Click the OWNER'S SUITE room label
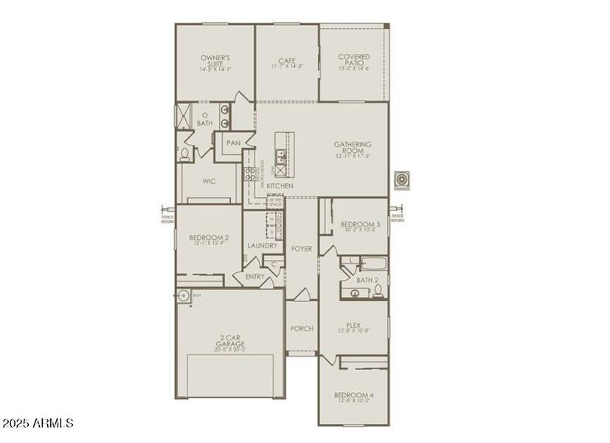pyautogui.click(x=215, y=60)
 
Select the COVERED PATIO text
pyautogui.click(x=354, y=60)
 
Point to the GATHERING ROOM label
pyautogui.click(x=353, y=148)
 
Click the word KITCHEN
pyautogui.click(x=280, y=185)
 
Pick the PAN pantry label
pyautogui.click(x=233, y=143)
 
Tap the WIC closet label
pyautogui.click(x=209, y=181)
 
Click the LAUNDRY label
pyautogui.click(x=263, y=245)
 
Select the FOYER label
pyautogui.click(x=302, y=249)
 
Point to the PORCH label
pyautogui.click(x=302, y=329)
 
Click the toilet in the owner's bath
pyautogui.click(x=185, y=154)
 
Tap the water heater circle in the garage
pyautogui.click(x=184, y=295)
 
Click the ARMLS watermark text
pyautogui.click(x=38, y=424)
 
